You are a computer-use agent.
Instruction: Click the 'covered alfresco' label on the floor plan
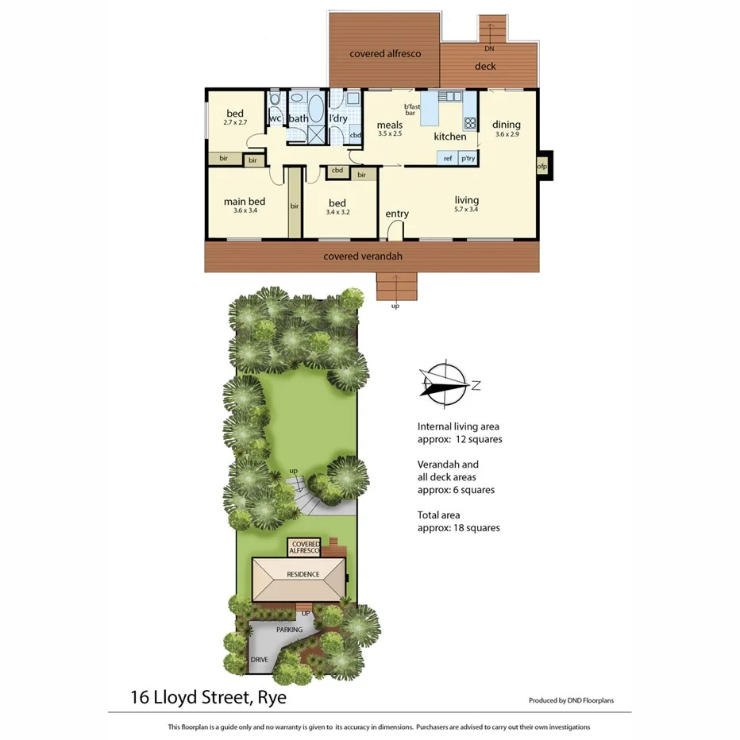click(x=385, y=54)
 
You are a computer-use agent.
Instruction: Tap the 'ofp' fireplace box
click(x=542, y=167)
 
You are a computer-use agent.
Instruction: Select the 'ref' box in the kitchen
click(x=448, y=158)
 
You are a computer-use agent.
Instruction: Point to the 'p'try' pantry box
click(x=468, y=158)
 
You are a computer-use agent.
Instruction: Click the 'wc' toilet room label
click(x=276, y=119)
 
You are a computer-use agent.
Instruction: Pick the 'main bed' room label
click(x=245, y=202)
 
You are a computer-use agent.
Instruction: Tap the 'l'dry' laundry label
click(x=338, y=119)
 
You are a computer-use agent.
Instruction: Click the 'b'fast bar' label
click(x=411, y=110)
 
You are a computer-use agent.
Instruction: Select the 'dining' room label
click(x=506, y=125)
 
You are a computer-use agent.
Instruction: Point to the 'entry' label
click(x=397, y=214)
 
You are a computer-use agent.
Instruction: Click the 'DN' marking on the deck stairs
click(x=488, y=48)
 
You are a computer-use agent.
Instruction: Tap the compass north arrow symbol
click(x=445, y=383)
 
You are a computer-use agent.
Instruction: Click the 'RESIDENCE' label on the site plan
click(x=299, y=575)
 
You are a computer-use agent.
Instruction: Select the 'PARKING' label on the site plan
click(x=289, y=630)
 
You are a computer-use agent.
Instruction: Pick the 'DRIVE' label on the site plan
click(x=259, y=660)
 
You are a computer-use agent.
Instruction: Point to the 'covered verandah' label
click(x=363, y=256)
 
